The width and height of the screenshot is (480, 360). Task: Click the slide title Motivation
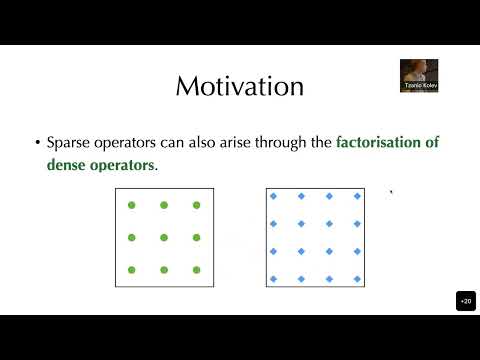coord(239,87)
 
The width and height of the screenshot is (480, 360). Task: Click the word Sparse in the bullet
coord(73,143)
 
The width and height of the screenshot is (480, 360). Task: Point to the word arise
coord(253,143)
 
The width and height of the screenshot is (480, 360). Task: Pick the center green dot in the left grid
coord(163,238)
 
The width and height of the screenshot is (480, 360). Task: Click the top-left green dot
coord(130,205)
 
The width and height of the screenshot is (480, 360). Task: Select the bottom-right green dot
coord(196,271)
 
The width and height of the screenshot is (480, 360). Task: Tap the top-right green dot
coord(196,205)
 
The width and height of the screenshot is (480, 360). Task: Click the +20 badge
coord(465,301)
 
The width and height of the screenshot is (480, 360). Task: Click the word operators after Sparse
coord(134,143)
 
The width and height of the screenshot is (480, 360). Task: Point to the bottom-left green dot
coord(130,271)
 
